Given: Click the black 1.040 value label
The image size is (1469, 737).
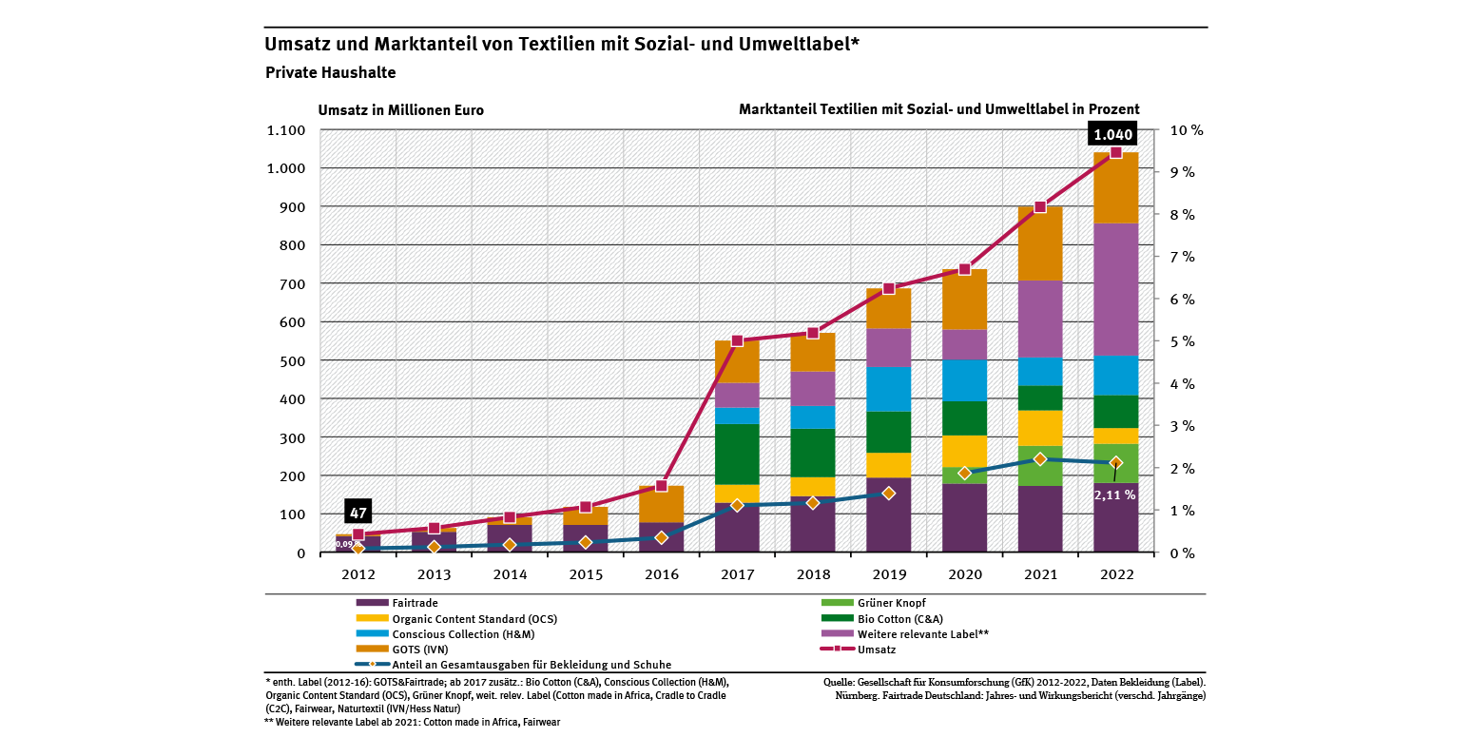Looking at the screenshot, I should pos(1113,135).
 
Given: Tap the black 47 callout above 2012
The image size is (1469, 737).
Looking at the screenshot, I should pos(358,513).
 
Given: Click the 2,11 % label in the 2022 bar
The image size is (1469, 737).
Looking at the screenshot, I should pos(1114,495).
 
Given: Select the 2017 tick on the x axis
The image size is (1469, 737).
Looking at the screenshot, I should pos(737,574).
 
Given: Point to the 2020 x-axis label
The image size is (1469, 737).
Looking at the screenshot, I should pos(964,574).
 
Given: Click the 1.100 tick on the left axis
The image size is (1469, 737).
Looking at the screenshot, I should pos(286,130).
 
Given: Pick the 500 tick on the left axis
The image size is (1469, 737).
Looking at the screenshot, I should pos(293,360).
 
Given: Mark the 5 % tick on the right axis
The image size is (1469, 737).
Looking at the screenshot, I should pos(1182,341).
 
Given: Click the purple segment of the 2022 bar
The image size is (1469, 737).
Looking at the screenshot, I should pos(1115,289).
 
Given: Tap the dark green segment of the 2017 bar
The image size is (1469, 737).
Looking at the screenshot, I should pos(737,454).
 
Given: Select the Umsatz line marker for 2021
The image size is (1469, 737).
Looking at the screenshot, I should pos(1040,206).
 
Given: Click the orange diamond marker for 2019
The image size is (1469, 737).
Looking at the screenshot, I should pos(888,493).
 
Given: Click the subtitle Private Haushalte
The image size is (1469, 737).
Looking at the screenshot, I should pos(331,72).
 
